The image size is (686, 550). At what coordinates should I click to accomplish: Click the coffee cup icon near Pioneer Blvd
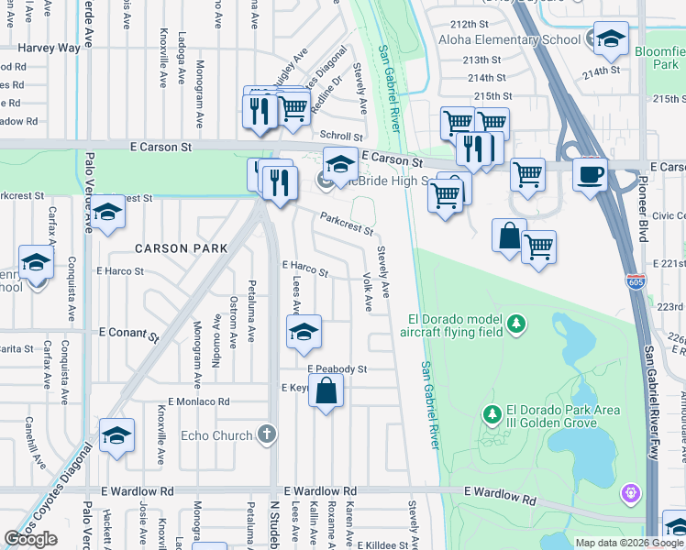pyautogui.click(x=590, y=173)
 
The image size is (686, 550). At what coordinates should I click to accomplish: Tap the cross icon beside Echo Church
pyautogui.click(x=266, y=434)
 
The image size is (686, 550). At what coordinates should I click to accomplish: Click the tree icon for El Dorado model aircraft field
pyautogui.click(x=517, y=324)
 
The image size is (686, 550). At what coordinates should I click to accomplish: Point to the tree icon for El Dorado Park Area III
pyautogui.click(x=492, y=415)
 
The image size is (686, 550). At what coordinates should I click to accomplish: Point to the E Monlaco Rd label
pyautogui.click(x=198, y=401)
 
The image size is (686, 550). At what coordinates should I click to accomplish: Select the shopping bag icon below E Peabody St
pyautogui.click(x=326, y=392)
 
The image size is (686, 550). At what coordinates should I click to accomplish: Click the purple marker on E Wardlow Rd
pyautogui.click(x=629, y=494)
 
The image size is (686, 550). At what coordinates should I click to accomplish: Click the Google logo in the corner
pyautogui.click(x=31, y=538)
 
